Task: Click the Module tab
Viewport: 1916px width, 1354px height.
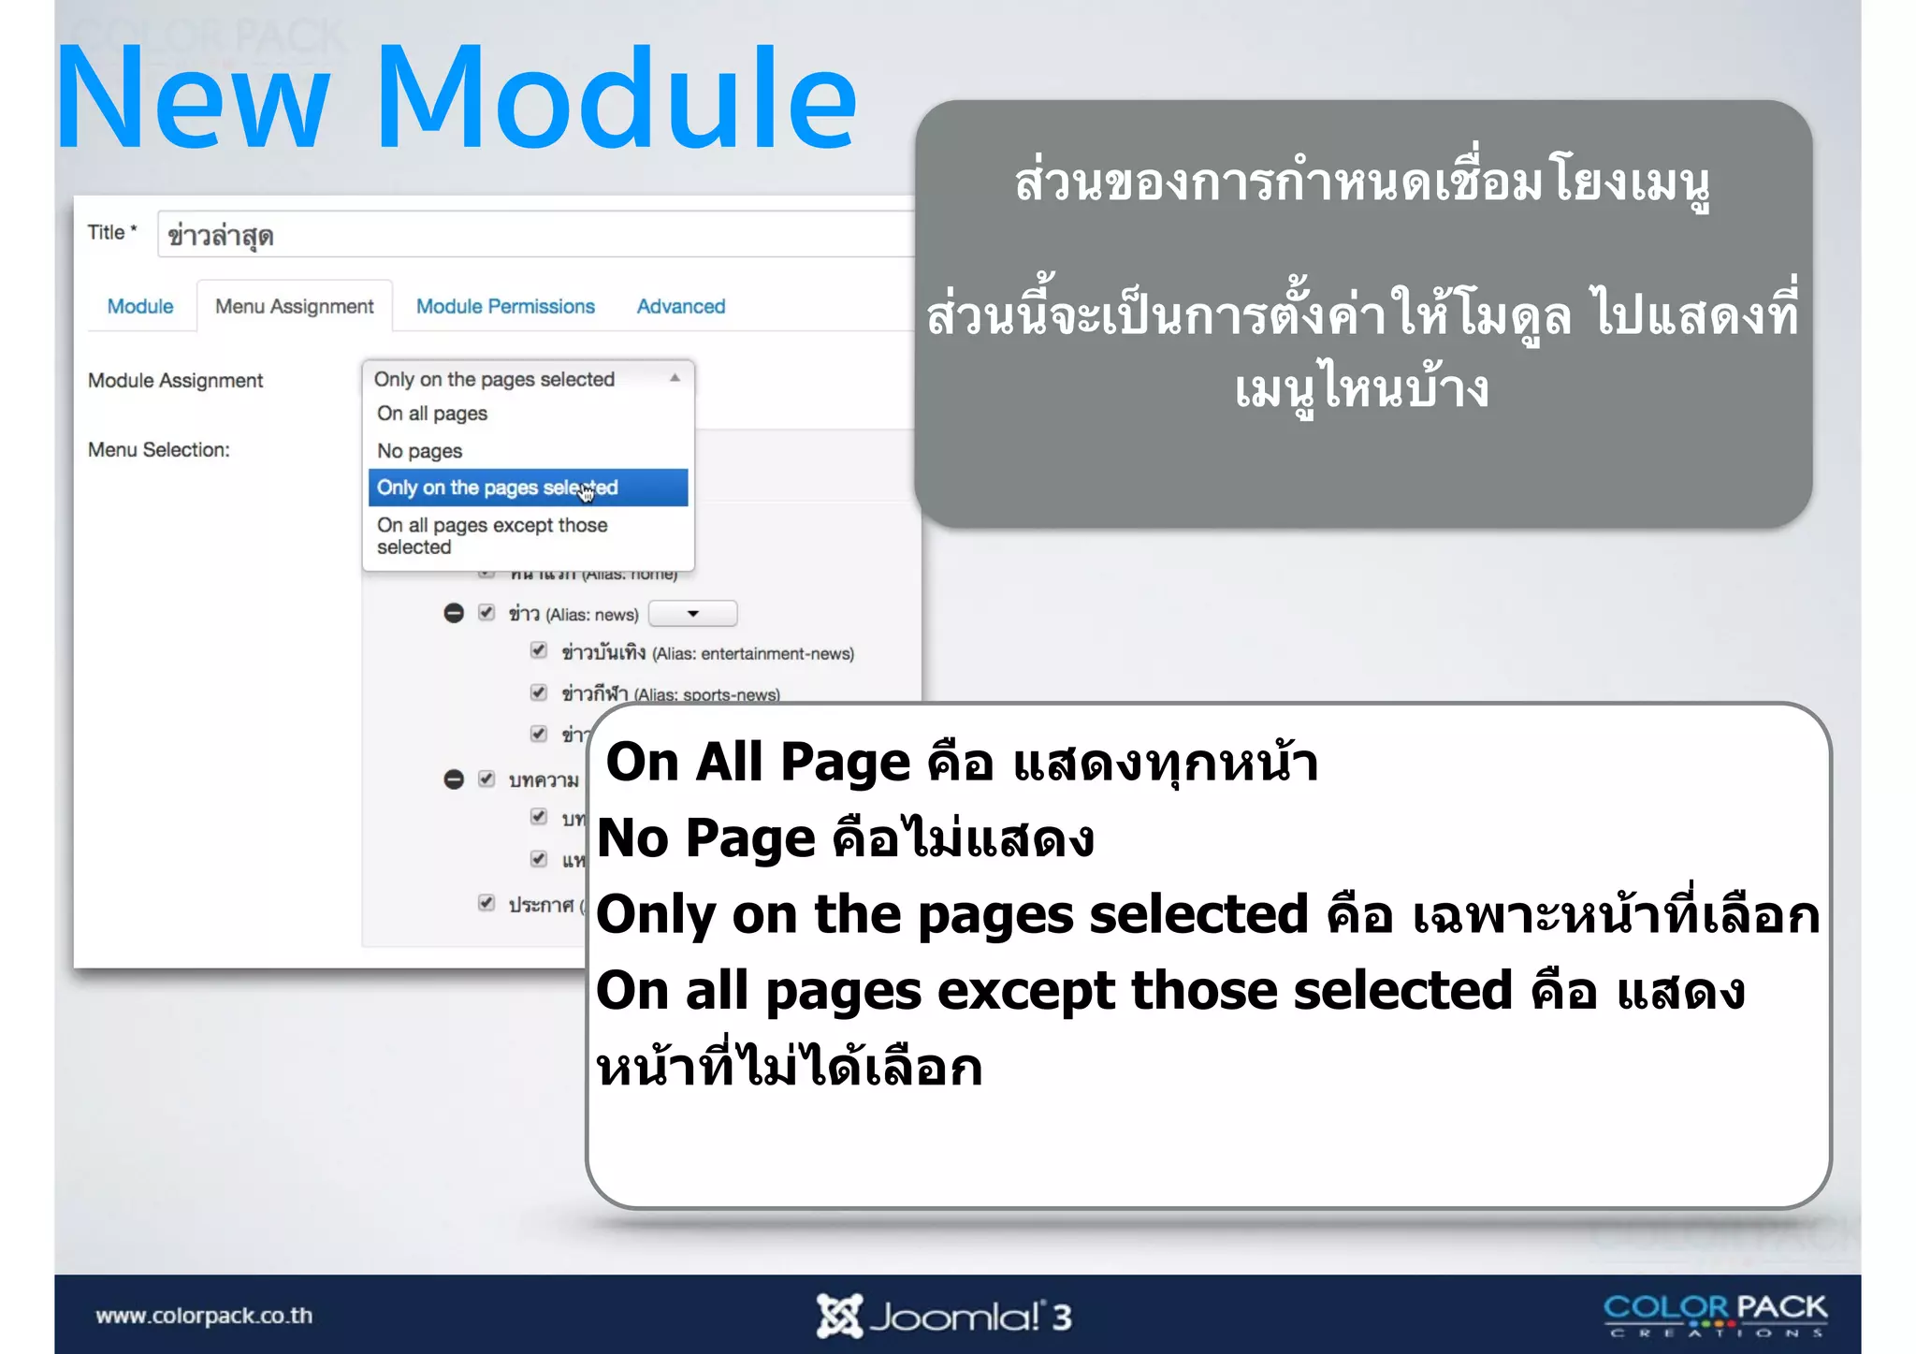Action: pos(140,307)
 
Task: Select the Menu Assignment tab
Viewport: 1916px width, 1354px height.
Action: pos(294,307)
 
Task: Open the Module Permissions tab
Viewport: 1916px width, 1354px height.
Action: pos(505,307)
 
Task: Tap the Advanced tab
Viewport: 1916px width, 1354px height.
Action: pos(681,307)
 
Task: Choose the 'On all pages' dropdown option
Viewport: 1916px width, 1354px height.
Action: pos(432,414)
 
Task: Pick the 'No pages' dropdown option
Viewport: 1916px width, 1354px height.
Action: pos(420,451)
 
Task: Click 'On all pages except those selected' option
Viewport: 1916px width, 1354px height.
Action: pos(492,536)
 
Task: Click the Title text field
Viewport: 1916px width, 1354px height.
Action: pos(533,235)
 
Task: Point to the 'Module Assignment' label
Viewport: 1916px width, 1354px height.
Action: pos(175,381)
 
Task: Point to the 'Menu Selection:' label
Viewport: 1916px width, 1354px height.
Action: pos(158,450)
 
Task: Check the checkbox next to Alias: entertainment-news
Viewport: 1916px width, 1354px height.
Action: pos(539,650)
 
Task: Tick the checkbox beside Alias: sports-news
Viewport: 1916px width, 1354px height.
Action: pos(539,692)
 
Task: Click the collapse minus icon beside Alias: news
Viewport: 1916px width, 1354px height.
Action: pos(454,614)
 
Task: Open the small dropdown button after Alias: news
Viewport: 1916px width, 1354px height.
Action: pos(692,614)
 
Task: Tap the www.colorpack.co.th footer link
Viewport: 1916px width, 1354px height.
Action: pos(204,1316)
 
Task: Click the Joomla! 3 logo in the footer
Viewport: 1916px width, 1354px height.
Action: pos(943,1316)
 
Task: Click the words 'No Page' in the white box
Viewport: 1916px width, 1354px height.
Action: pos(706,837)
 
